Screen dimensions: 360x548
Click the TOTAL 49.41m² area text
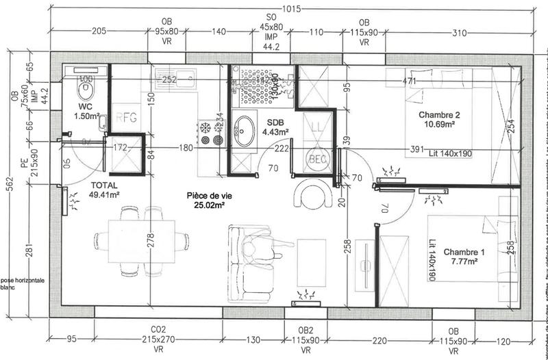pyautogui.click(x=105, y=190)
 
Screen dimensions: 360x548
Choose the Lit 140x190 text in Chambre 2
pyautogui.click(x=449, y=153)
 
